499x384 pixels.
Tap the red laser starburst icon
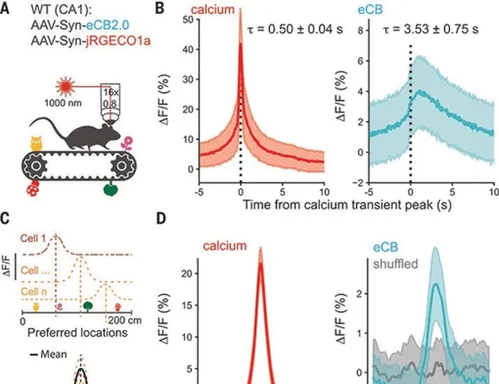(64, 88)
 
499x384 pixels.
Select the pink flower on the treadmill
(126, 142)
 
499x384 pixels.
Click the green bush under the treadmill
(110, 189)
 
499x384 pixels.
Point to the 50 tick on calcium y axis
(187, 19)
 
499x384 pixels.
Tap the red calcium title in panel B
(216, 8)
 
